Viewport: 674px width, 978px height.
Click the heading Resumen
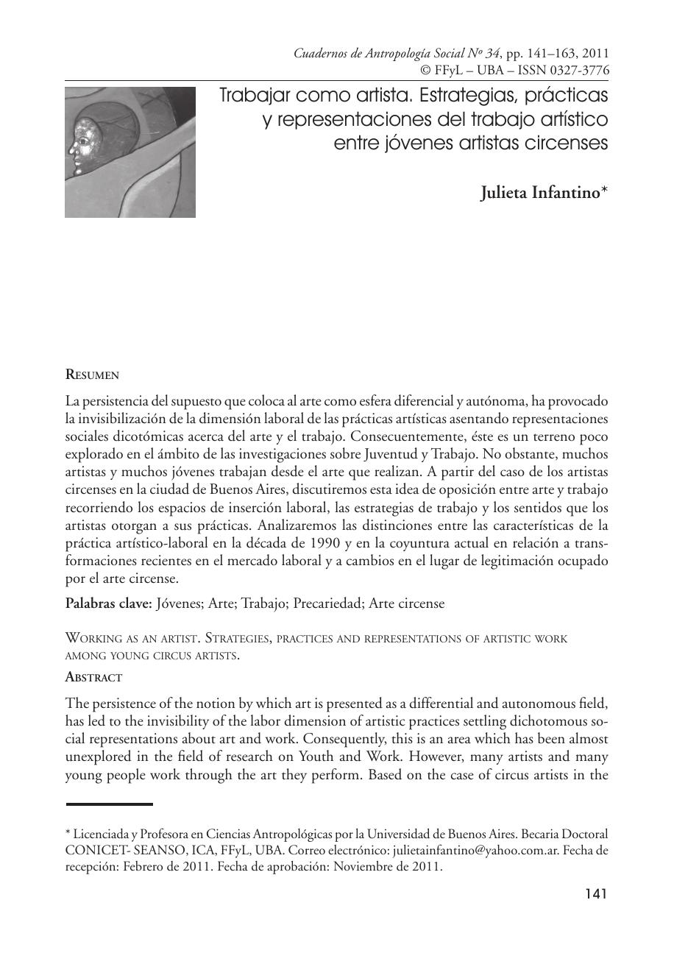coord(92,375)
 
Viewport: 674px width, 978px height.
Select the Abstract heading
coord(93,676)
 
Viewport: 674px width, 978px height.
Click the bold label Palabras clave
coord(109,603)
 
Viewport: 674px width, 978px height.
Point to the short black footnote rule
coord(109,804)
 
